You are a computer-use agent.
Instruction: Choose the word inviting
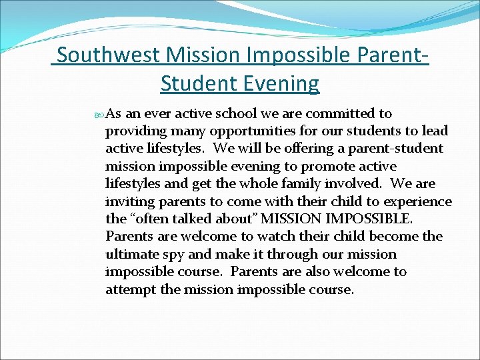tap(127, 201)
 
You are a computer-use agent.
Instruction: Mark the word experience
tap(418, 201)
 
